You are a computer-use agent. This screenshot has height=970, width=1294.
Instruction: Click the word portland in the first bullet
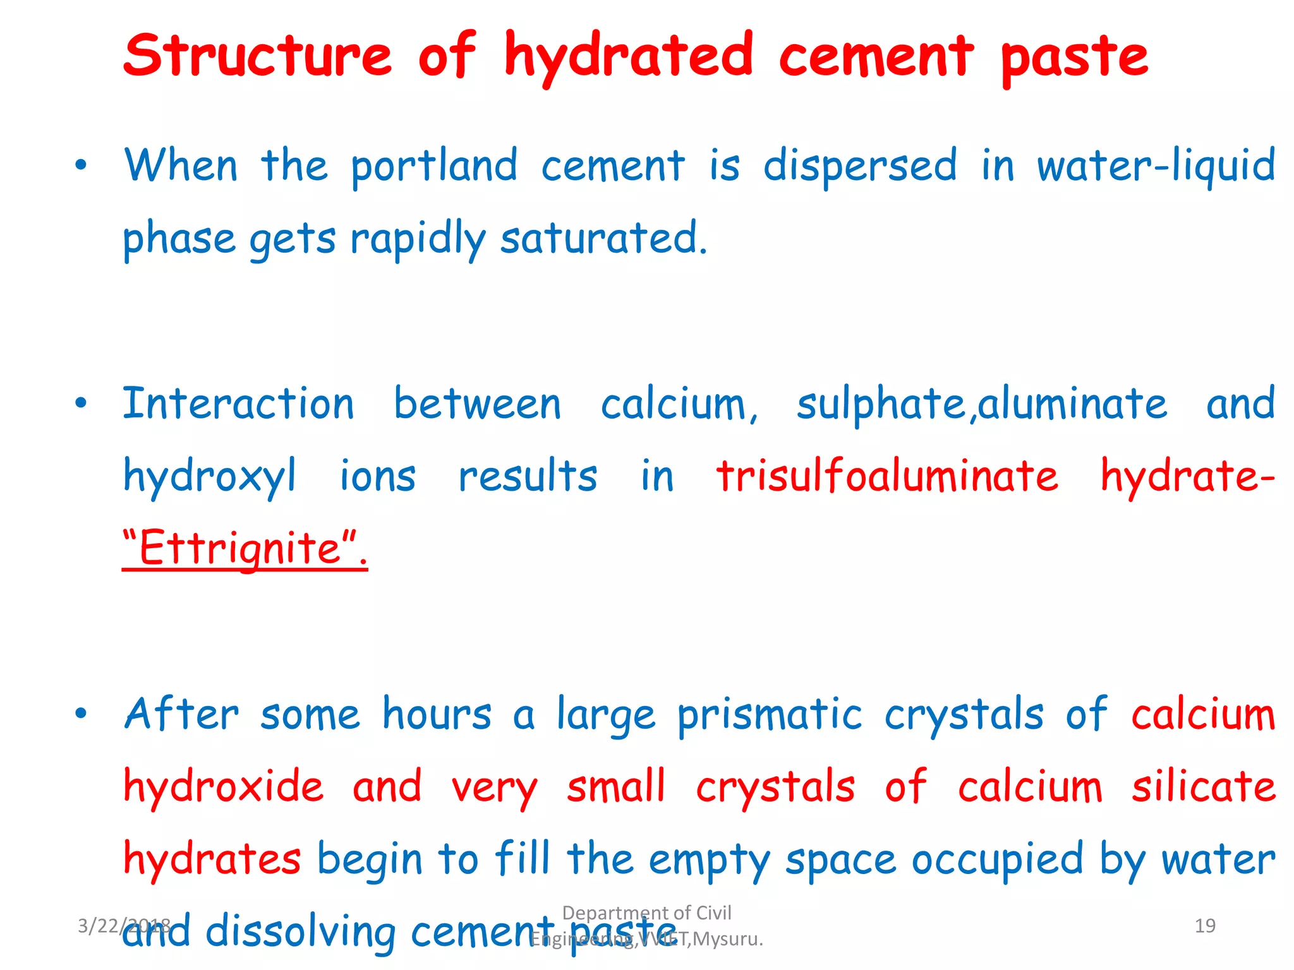434,166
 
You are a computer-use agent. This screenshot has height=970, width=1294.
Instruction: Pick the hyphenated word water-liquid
1156,166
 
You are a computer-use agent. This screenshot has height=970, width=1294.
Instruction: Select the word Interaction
238,404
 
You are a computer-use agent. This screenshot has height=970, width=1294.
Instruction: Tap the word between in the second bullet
477,404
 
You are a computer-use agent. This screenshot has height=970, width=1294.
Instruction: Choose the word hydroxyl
209,477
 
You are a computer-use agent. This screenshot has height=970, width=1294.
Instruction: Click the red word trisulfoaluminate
887,476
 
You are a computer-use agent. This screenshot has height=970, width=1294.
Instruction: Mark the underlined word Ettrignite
240,548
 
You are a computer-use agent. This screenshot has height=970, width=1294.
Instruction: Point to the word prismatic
769,716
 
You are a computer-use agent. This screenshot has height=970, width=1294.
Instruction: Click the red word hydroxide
224,787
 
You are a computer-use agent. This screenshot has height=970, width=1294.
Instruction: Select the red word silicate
1203,787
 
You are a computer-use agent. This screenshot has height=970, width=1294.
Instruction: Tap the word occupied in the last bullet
997,861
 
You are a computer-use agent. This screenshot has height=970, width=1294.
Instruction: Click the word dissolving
301,931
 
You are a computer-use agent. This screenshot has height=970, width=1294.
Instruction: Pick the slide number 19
1205,926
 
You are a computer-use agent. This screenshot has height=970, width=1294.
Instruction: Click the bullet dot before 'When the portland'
80,166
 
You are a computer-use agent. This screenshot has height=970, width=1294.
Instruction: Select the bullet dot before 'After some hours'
80,714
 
